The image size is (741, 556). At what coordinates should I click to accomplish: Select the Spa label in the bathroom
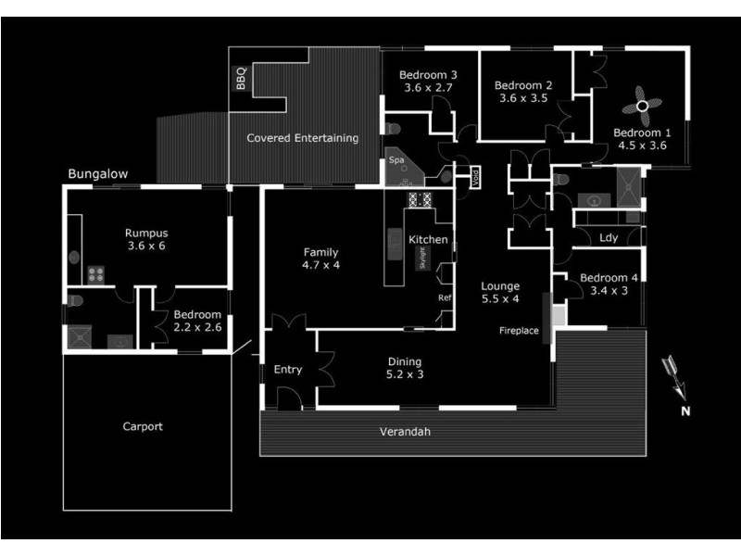(x=396, y=160)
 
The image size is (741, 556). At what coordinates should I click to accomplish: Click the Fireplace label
(x=519, y=331)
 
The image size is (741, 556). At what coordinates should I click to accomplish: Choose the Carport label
(x=143, y=427)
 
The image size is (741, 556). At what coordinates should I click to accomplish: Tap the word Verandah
(x=406, y=432)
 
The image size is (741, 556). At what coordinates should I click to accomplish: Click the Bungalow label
(x=97, y=174)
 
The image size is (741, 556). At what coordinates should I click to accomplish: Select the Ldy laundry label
(x=608, y=238)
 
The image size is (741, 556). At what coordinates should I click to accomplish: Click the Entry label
(x=288, y=370)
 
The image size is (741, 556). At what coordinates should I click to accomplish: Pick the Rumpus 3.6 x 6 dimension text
(x=146, y=247)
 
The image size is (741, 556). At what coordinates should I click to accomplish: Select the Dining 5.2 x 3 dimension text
(x=404, y=375)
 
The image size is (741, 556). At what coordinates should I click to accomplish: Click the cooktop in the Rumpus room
(x=94, y=273)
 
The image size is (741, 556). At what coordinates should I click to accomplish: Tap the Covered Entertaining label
(x=302, y=138)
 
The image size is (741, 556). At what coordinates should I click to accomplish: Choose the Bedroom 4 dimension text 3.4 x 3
(x=609, y=290)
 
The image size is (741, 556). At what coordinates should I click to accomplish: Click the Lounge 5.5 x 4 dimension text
(x=500, y=299)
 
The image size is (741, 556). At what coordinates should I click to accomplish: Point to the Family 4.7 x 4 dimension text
(x=321, y=265)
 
